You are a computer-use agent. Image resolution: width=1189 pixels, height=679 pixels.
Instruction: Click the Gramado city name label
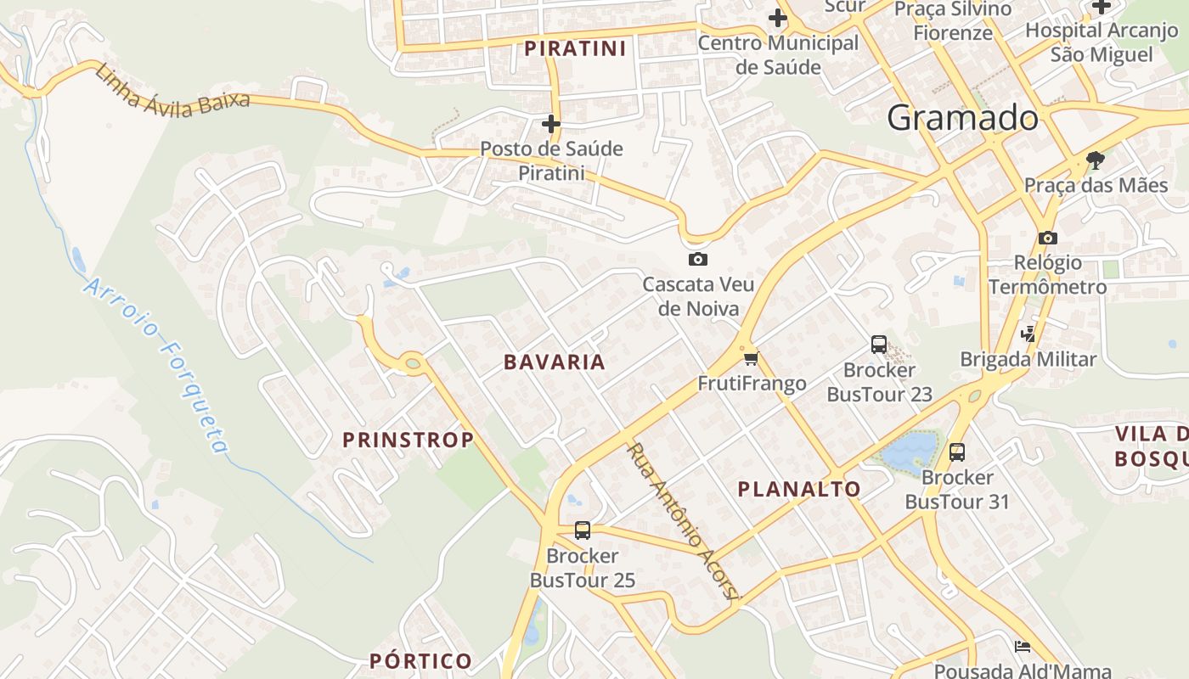(x=962, y=118)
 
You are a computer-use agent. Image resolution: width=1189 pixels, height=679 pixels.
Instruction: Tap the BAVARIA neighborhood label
(x=555, y=362)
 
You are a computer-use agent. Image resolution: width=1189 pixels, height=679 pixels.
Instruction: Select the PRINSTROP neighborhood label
(x=408, y=440)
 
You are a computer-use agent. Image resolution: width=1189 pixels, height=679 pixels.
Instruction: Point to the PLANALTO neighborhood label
(x=799, y=489)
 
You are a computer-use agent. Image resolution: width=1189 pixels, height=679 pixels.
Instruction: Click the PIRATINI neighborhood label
(x=575, y=48)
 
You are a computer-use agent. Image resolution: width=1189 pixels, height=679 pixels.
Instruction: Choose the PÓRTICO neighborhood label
(x=420, y=660)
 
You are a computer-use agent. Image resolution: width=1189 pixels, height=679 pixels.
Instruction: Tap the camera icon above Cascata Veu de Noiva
(x=698, y=259)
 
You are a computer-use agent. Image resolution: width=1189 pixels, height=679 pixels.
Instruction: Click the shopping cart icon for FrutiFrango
(x=751, y=358)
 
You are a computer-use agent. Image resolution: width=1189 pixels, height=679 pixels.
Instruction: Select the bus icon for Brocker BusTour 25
(x=582, y=530)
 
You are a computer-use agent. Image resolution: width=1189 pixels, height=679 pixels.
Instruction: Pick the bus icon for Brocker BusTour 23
(x=879, y=345)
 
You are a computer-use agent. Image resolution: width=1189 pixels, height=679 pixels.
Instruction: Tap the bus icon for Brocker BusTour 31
(x=957, y=452)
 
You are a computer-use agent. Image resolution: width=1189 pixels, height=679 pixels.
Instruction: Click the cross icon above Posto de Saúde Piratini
(x=551, y=124)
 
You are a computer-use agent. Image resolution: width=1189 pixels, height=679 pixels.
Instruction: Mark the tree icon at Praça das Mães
(x=1096, y=160)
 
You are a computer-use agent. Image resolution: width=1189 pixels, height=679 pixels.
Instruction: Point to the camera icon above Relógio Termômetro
(x=1047, y=238)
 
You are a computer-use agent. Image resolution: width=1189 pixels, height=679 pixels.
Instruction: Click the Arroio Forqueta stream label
(x=156, y=366)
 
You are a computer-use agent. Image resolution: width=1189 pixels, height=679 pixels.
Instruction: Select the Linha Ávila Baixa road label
(x=172, y=92)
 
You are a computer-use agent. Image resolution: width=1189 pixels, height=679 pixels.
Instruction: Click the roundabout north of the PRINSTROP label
(x=413, y=363)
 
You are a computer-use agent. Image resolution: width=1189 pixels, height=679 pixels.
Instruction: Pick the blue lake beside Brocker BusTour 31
(x=910, y=451)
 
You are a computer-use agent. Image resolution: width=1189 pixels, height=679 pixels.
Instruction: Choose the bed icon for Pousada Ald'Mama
(x=1023, y=647)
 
